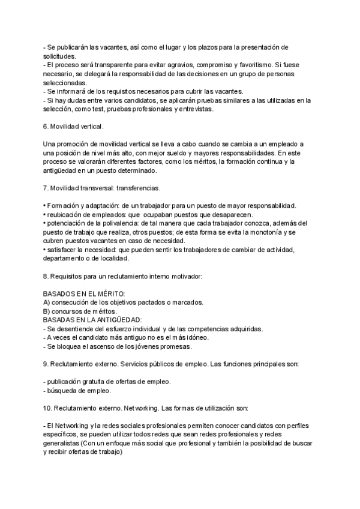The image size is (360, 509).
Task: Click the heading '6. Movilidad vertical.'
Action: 74,127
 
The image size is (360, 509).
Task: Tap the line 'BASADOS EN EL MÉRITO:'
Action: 81,295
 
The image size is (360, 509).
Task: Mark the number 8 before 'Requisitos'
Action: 46,277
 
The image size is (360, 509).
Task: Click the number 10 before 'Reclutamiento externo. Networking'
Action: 47,408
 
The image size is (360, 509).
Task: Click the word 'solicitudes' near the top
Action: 59,56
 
